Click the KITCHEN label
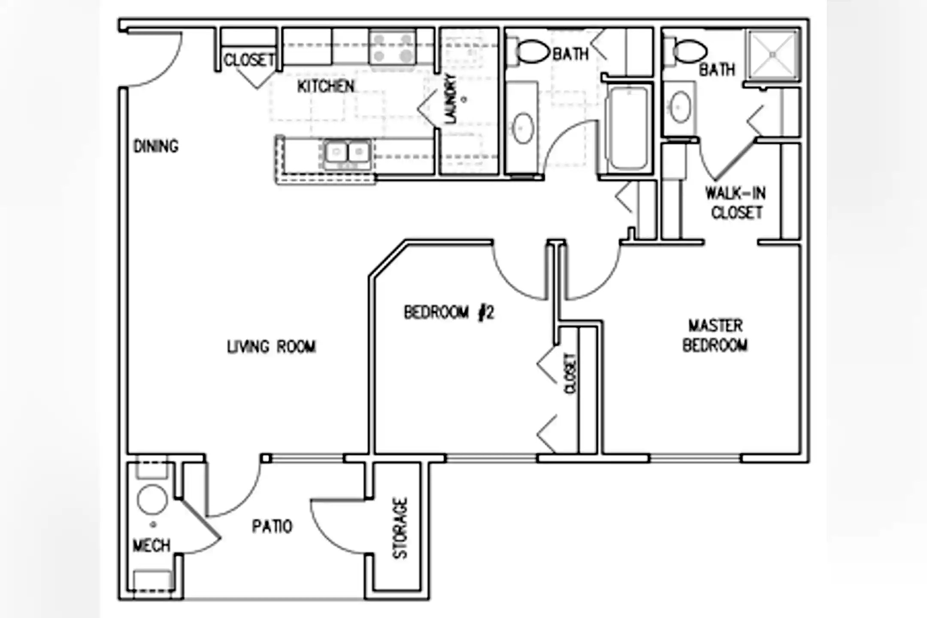click(326, 86)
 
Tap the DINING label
click(156, 146)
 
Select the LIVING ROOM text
click(271, 346)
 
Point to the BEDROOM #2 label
click(449, 312)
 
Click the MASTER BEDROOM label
click(715, 335)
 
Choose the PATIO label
click(272, 526)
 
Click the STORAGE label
click(400, 528)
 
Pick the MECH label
click(151, 546)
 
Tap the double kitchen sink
click(347, 152)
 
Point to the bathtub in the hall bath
click(628, 127)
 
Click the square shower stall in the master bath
click(773, 54)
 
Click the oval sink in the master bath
click(680, 107)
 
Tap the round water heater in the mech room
click(152, 500)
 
